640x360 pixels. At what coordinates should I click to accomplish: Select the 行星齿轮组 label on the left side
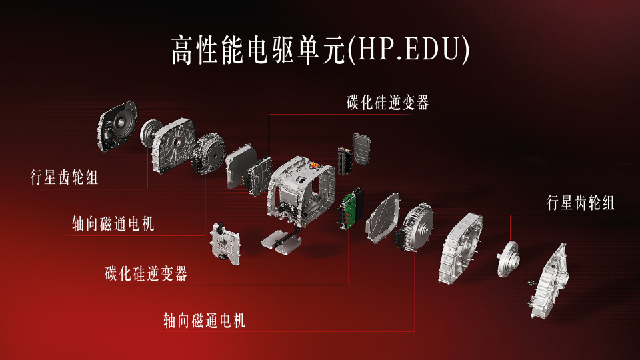[65, 177]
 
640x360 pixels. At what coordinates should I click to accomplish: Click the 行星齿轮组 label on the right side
[581, 203]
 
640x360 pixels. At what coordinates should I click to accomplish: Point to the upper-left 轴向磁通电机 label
[113, 224]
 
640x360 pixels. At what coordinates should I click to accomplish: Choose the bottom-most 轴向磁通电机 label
[205, 321]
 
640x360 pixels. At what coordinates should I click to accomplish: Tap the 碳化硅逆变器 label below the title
[388, 103]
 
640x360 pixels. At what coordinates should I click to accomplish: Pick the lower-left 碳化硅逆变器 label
[146, 273]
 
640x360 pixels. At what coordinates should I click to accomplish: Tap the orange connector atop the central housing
[314, 165]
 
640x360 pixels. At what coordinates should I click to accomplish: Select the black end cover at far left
[117, 126]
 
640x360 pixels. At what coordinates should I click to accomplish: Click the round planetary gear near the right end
[508, 259]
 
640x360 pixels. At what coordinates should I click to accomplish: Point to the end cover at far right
[549, 281]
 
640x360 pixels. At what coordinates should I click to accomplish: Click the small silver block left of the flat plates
[225, 244]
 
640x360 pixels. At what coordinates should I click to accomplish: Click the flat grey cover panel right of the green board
[383, 219]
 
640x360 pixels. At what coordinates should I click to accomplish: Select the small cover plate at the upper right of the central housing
[361, 149]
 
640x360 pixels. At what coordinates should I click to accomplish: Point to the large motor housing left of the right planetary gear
[461, 248]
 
